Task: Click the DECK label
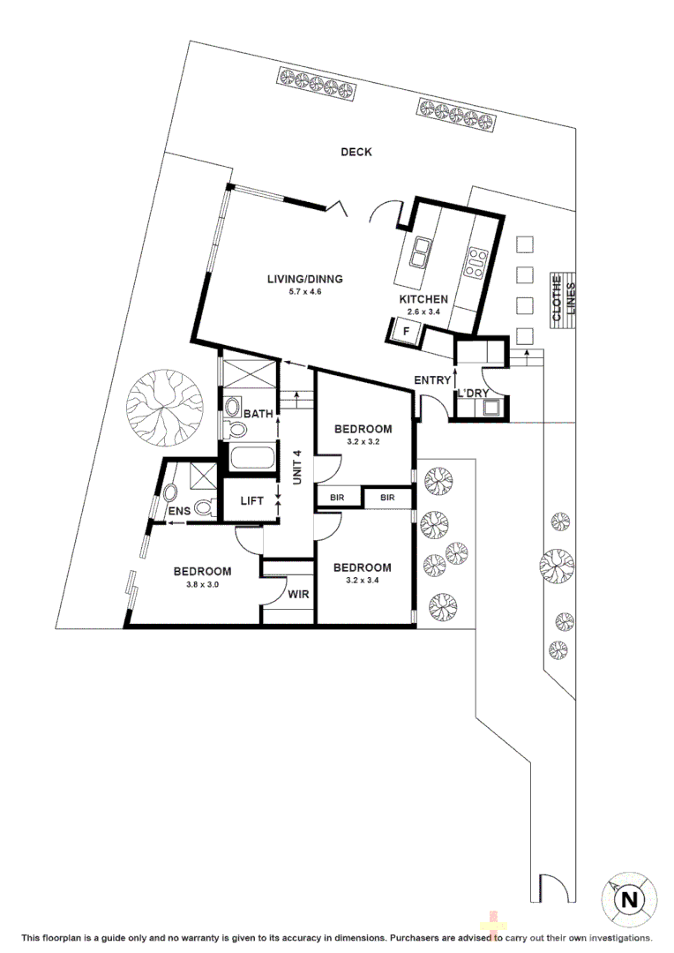click(356, 152)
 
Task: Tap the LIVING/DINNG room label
click(304, 280)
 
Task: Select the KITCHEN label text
click(424, 300)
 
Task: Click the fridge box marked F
click(406, 332)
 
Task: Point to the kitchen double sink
click(420, 253)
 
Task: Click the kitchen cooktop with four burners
click(477, 259)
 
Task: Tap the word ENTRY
click(432, 379)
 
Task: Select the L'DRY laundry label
click(474, 394)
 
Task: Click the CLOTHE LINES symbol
click(562, 300)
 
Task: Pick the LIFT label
click(252, 501)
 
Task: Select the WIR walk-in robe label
click(298, 594)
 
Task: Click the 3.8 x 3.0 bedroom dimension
click(202, 584)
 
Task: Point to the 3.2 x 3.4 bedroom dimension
click(361, 580)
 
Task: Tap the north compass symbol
click(628, 900)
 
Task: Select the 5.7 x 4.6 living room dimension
click(304, 292)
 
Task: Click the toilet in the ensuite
click(204, 507)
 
